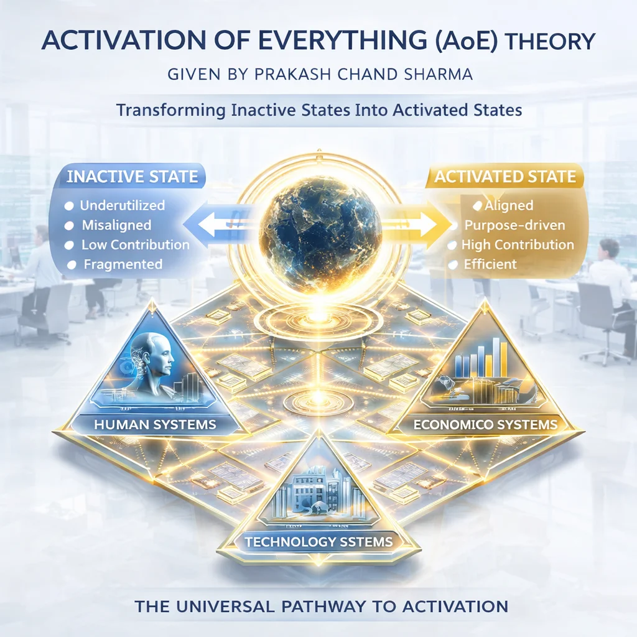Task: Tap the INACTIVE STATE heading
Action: (x=131, y=176)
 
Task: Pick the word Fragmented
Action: (x=123, y=264)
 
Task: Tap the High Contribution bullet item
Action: (x=518, y=244)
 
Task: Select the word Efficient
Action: (x=490, y=264)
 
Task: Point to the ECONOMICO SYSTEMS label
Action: (x=486, y=425)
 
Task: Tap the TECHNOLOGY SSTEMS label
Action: (x=318, y=542)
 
